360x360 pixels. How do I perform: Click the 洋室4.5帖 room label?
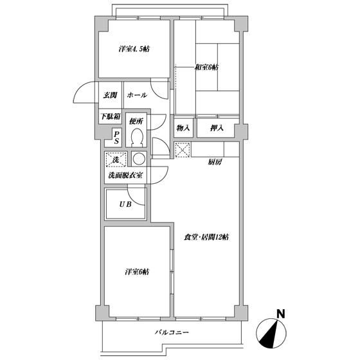pos(134,50)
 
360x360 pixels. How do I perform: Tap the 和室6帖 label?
pos(206,67)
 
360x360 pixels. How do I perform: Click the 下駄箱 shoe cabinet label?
pos(109,117)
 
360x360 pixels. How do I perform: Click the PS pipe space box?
pos(116,137)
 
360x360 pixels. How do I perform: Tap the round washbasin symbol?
pos(138,158)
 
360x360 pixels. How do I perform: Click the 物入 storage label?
pos(183,129)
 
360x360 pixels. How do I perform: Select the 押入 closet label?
pos(217,129)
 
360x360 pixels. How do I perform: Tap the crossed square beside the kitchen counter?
pos(183,151)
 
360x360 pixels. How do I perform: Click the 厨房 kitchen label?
pos(215,163)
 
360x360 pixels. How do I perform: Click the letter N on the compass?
pos(280,315)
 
